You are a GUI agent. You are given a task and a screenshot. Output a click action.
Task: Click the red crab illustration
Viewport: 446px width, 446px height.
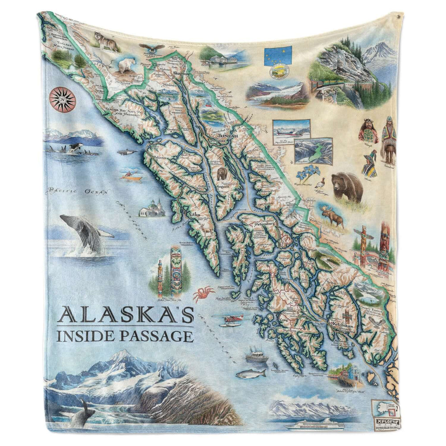point(203,294)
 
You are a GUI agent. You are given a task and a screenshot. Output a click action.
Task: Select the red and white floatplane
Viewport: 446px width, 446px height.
point(233,320)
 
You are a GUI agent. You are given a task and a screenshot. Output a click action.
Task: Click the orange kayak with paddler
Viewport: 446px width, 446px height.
point(131,177)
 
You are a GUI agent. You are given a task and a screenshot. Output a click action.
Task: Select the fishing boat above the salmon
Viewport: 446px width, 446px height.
point(256,355)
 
